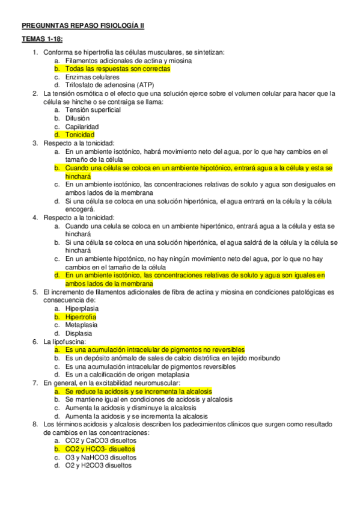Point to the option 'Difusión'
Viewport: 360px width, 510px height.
[78, 118]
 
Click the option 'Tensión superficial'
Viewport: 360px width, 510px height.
[93, 110]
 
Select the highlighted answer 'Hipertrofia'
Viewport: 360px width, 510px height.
[81, 316]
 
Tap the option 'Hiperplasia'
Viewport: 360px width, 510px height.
[82, 308]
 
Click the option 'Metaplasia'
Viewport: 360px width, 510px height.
[81, 324]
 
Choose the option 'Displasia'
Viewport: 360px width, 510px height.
[79, 333]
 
